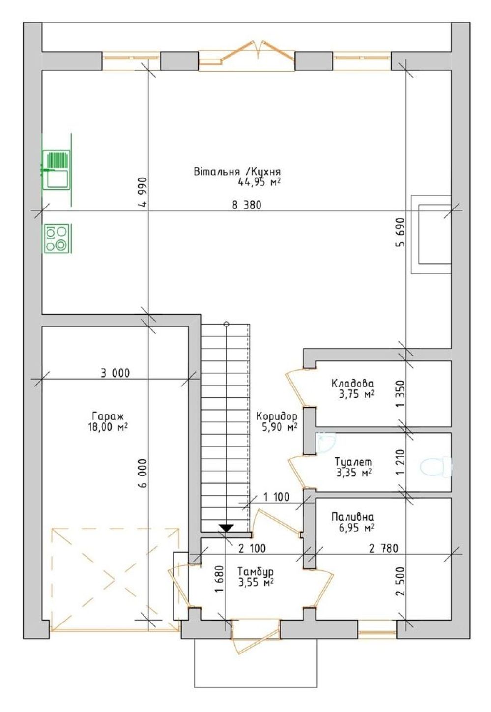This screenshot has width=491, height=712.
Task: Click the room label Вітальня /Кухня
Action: [x=237, y=172]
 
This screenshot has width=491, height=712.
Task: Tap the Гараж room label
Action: [x=108, y=416]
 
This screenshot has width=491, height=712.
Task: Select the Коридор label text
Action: [x=277, y=416]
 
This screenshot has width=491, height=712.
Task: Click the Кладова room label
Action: [x=352, y=383]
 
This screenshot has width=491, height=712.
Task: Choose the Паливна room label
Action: [x=352, y=516]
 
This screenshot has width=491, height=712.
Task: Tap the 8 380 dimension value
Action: [x=247, y=206]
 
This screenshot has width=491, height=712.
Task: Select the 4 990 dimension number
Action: [x=144, y=192]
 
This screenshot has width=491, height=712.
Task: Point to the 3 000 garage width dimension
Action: [x=116, y=373]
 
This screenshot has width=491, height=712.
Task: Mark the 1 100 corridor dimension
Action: [x=276, y=497]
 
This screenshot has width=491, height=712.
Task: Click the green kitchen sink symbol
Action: [x=57, y=170]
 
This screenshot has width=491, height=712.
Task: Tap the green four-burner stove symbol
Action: [x=58, y=238]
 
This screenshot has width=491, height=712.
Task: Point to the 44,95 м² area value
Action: [x=259, y=182]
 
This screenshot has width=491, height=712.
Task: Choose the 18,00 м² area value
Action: [x=108, y=427]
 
